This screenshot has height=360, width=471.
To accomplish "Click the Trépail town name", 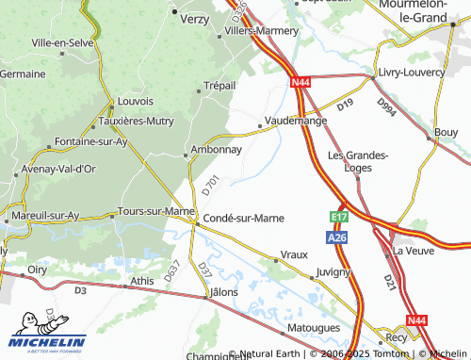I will pos(219,86).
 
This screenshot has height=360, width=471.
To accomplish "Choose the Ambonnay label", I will pos(216,149).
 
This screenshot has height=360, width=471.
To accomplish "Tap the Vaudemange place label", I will pos(297,122).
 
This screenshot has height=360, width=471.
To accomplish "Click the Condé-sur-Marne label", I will pos(244,218).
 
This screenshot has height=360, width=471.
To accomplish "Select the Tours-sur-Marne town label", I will pos(154,211).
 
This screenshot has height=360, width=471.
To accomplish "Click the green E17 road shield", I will pos(340,218).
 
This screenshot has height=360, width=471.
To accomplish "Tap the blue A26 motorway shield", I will pos(339,239).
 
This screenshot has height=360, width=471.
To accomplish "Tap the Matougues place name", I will pos(313,329).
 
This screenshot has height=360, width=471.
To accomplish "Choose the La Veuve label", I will pos(412,251).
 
